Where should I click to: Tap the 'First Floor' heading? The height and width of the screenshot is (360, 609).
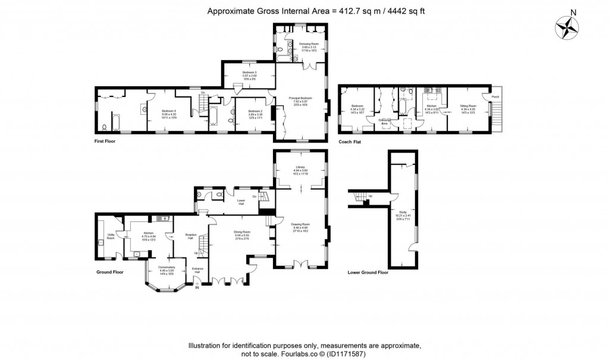click(x=105, y=142)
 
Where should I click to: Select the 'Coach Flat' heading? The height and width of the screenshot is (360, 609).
click(x=349, y=142)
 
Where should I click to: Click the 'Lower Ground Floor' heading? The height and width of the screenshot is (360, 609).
click(x=368, y=273)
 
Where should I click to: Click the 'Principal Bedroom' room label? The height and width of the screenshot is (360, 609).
click(x=300, y=99)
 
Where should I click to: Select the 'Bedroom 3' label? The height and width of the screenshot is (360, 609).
click(x=249, y=72)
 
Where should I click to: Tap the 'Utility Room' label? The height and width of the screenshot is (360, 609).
click(x=111, y=236)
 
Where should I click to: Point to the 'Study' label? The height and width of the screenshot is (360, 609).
click(x=403, y=211)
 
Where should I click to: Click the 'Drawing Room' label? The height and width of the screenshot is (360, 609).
click(x=300, y=225)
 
